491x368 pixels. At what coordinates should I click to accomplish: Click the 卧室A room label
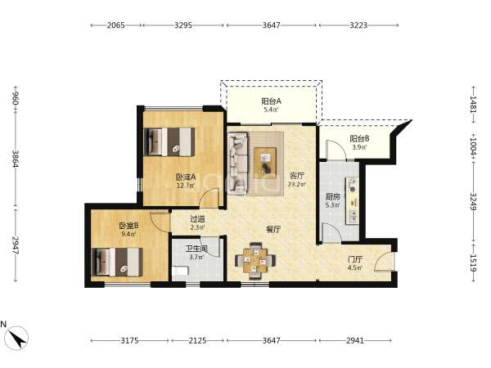click(186, 177)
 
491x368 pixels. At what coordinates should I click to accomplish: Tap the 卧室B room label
click(128, 226)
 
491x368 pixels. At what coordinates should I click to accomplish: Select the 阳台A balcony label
click(271, 101)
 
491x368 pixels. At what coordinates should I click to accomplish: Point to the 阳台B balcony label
click(359, 138)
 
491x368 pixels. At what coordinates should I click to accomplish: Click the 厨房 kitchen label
click(332, 197)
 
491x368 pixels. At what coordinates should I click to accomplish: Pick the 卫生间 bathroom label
click(196, 249)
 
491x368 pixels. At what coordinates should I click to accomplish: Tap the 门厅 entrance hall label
click(355, 259)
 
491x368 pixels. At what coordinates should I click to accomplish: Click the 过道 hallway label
click(197, 218)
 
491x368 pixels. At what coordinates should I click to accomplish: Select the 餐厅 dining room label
click(273, 230)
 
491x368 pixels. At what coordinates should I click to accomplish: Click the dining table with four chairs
click(255, 260)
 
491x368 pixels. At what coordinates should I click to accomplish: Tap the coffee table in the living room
click(265, 163)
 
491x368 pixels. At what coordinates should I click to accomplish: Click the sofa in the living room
click(237, 164)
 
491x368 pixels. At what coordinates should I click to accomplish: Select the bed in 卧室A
click(169, 141)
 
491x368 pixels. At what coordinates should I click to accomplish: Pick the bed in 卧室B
click(117, 263)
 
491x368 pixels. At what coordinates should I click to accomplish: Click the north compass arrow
click(17, 338)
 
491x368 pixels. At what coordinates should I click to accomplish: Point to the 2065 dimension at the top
click(116, 25)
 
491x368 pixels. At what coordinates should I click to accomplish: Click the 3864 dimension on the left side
click(16, 159)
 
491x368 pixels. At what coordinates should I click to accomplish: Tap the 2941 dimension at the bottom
click(355, 340)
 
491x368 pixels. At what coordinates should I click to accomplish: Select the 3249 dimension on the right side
click(473, 202)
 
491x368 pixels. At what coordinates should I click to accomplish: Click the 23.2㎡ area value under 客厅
click(297, 184)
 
